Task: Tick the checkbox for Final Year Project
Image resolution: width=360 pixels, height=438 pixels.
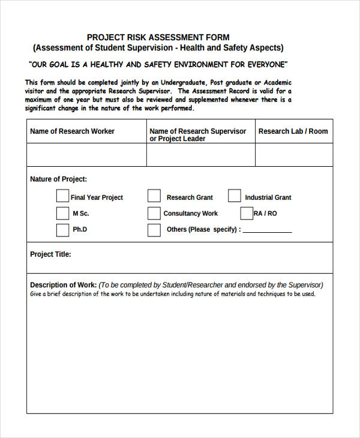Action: pos(62,196)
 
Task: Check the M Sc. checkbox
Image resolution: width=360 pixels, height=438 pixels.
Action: pos(62,213)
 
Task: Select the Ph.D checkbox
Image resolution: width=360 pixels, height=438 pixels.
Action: pos(62,230)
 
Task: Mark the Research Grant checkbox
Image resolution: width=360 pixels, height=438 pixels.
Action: pos(154,196)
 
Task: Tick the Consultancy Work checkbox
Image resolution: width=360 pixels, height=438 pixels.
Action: pos(154,213)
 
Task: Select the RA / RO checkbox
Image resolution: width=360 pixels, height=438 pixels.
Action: pos(247,213)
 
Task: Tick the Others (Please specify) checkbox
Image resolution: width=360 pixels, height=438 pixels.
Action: pos(154,230)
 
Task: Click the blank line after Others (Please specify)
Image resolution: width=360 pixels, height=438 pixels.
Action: pos(268,230)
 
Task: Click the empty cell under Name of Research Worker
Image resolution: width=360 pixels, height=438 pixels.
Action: pos(86,155)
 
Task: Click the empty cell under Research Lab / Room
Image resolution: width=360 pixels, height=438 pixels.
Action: pos(294,155)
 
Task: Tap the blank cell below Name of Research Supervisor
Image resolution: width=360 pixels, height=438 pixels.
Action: pos(200,155)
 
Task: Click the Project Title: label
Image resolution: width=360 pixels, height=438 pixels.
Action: pos(50,254)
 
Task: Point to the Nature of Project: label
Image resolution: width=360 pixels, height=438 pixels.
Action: pos(58,179)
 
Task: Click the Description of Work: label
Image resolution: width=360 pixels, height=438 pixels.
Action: pos(63,285)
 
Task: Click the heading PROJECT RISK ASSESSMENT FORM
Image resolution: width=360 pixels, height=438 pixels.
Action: pos(158,37)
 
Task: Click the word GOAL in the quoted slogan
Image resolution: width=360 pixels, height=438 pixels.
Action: pos(64,64)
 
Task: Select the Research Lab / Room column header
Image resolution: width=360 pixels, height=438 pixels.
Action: pos(293,131)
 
